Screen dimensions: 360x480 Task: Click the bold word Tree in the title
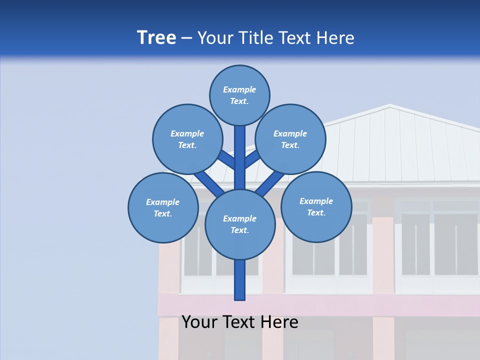click(156, 38)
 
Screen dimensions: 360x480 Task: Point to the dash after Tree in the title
click(186, 38)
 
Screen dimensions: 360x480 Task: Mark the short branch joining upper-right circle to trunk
click(252, 159)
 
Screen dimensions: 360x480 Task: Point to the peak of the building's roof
click(390, 105)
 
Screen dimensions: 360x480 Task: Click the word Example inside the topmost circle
click(239, 90)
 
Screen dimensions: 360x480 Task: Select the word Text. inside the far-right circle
click(316, 213)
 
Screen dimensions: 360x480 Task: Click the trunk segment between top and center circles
click(240, 157)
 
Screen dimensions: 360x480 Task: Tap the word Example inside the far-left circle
click(163, 202)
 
